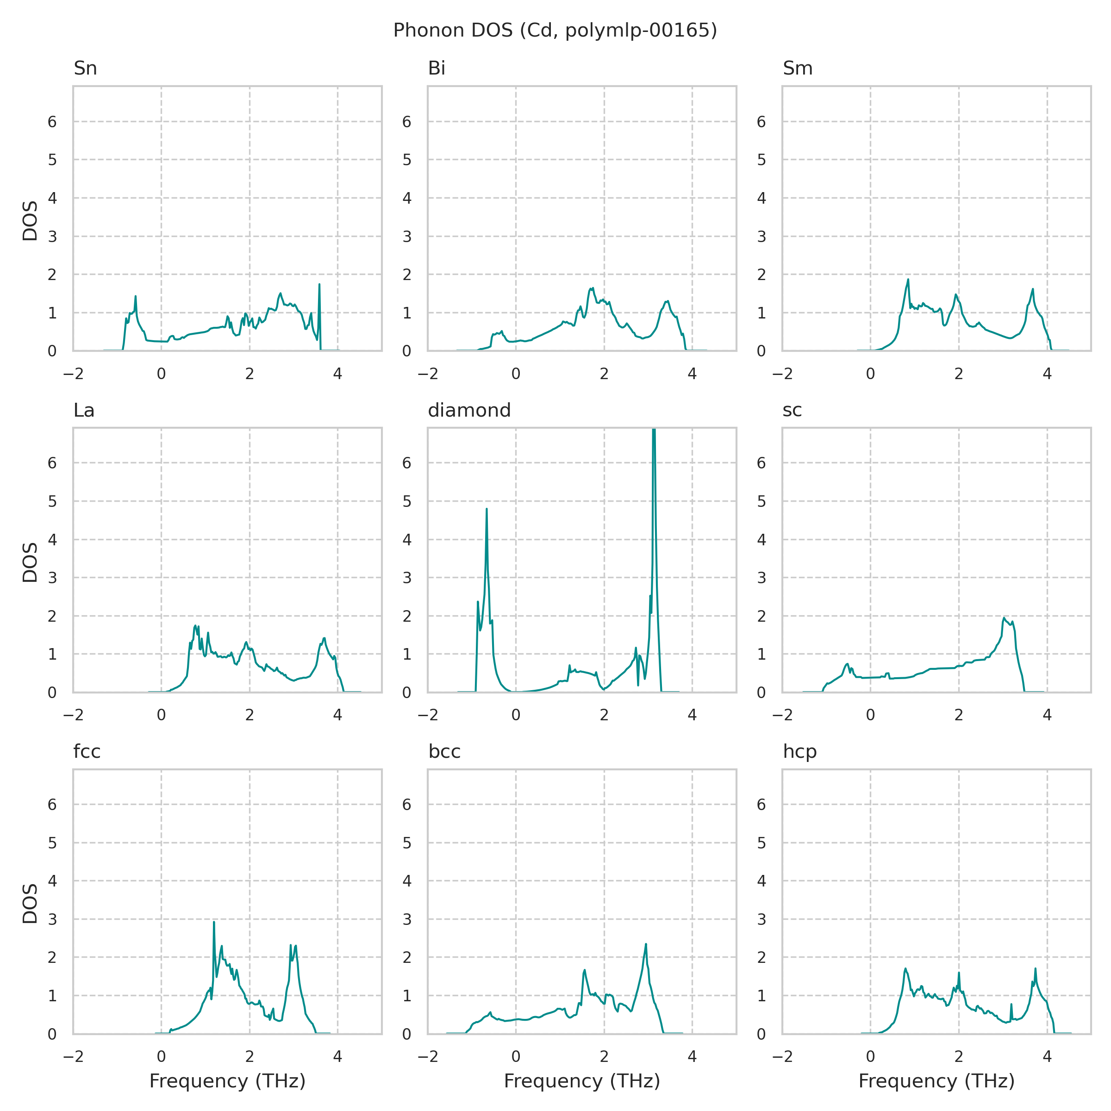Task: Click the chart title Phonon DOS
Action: point(555,31)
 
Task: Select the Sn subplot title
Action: point(85,69)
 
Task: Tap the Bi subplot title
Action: point(437,69)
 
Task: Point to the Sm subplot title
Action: point(798,69)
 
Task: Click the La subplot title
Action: point(84,410)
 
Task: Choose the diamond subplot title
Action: point(469,410)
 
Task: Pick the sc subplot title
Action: point(792,410)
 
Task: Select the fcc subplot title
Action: point(87,752)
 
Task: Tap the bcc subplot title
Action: point(444,752)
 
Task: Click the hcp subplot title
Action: point(800,752)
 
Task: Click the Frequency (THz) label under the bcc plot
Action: point(582,1081)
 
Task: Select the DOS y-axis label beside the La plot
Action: point(30,562)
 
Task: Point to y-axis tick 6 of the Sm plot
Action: point(761,121)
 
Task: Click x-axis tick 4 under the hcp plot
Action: point(1047,1057)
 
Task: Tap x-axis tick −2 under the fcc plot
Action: point(73,1057)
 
